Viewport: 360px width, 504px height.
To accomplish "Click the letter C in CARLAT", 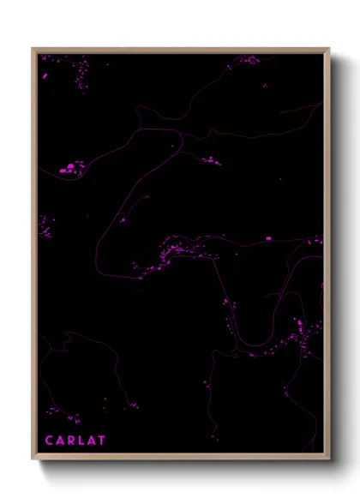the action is [x=50, y=441].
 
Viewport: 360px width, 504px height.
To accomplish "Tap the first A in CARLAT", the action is [x=61, y=441].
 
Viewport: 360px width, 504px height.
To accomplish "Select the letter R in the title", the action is [x=72, y=441].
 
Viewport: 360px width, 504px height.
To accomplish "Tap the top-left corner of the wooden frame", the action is [x=33, y=49].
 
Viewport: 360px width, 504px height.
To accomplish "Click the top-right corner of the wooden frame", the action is [x=329, y=49].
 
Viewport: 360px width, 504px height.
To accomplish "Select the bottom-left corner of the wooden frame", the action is [x=33, y=459].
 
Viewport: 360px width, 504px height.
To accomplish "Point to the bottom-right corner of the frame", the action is [x=329, y=459].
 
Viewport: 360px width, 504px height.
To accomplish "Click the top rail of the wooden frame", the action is [x=180, y=50].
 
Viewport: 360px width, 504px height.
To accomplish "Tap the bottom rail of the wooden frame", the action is [x=180, y=458].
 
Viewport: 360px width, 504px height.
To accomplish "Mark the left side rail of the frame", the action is [x=33, y=257].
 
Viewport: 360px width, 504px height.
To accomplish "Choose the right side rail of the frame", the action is [x=328, y=257].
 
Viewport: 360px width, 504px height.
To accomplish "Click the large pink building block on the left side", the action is [x=69, y=168].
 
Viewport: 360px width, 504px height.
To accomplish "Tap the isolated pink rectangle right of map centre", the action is [x=268, y=237].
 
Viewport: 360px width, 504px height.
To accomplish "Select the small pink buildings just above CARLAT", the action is [x=74, y=419].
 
